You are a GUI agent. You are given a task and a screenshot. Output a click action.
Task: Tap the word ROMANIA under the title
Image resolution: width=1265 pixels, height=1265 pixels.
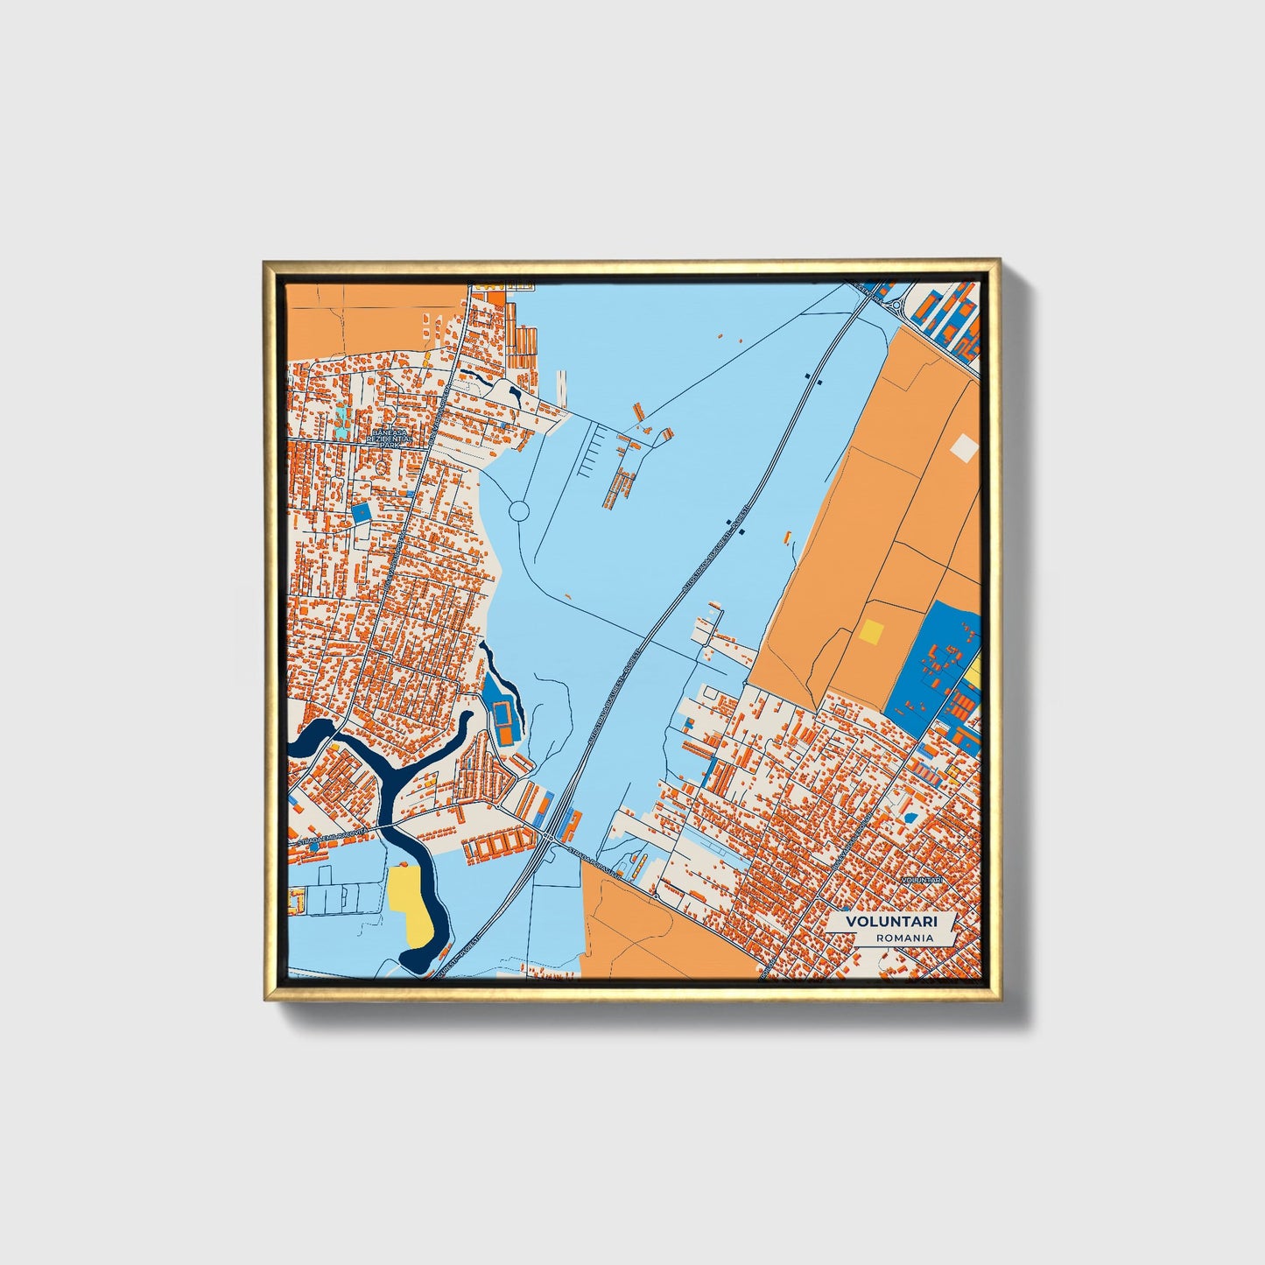(x=903, y=938)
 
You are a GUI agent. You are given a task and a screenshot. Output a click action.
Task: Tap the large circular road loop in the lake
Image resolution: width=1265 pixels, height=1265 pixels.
(x=518, y=510)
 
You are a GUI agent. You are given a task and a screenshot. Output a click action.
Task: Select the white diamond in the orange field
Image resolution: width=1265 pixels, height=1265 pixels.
(x=964, y=447)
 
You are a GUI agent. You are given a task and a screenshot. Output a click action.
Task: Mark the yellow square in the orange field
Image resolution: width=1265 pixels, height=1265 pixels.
(x=872, y=630)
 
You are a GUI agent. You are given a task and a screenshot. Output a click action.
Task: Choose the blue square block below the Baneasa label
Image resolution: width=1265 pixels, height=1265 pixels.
(x=360, y=513)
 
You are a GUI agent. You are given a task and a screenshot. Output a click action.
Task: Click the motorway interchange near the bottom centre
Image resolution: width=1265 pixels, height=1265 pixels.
(x=549, y=838)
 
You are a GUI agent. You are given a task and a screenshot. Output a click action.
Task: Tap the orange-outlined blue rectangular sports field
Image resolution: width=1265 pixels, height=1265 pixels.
(x=502, y=717)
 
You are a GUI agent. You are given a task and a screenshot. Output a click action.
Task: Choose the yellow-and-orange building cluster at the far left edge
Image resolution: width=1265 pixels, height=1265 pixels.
(x=295, y=899)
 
